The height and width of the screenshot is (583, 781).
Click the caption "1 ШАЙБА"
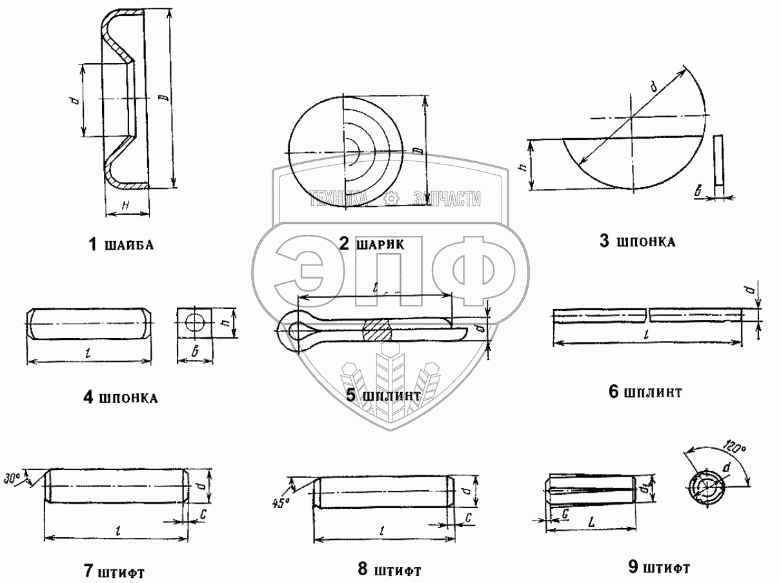point(121,244)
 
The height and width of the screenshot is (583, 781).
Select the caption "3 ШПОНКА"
point(637,242)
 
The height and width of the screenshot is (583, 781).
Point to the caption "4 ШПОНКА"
point(121,397)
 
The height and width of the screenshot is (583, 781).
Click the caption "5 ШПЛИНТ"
point(383,395)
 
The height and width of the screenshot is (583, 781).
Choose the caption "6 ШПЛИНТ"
point(645,391)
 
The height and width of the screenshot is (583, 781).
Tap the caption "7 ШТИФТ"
point(114,571)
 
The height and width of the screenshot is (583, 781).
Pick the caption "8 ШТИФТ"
point(390,569)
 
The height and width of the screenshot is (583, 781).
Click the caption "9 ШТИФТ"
point(658,568)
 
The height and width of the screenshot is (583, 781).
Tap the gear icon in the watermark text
point(391,199)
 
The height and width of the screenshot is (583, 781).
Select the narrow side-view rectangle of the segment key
point(718,160)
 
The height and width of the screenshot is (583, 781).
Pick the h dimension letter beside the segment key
point(525,166)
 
